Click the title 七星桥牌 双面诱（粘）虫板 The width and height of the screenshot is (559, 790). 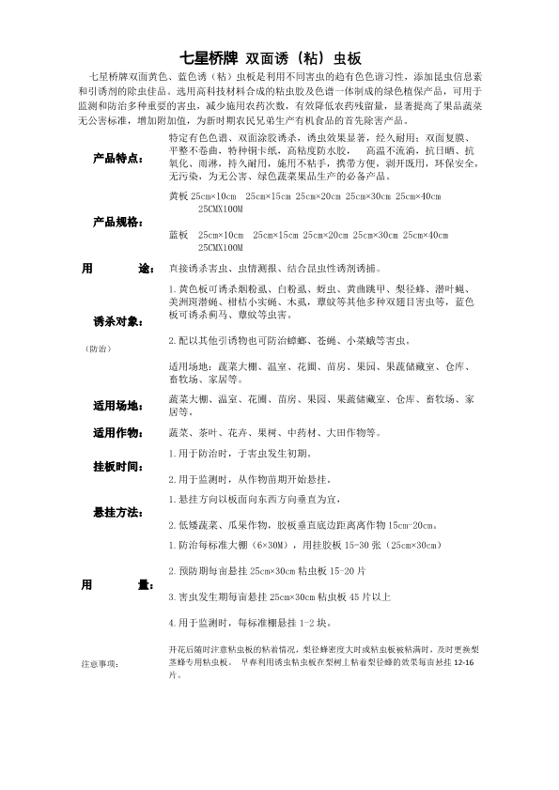(x=279, y=55)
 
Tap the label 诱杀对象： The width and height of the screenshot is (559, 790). (x=117, y=322)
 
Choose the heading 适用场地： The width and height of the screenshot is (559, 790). (x=117, y=406)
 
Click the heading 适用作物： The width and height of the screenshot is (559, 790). (x=117, y=433)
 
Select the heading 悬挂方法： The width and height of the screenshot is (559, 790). (x=117, y=513)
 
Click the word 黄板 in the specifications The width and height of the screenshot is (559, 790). (x=178, y=196)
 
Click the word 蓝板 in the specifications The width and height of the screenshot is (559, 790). (x=178, y=233)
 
